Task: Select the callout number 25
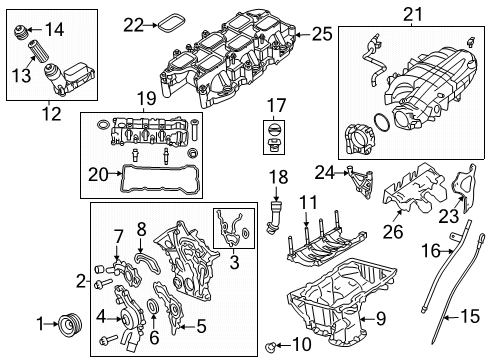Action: pyautogui.click(x=321, y=34)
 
